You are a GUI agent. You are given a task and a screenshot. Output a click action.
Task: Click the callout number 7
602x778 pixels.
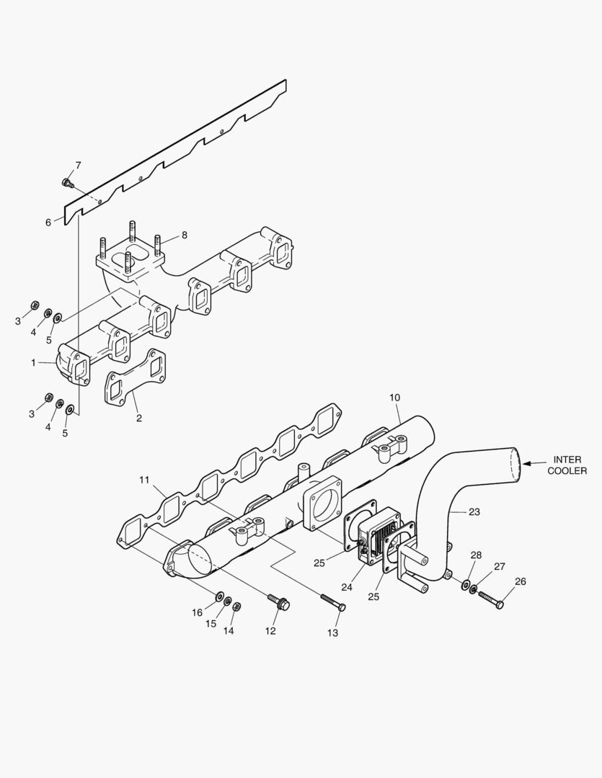point(78,165)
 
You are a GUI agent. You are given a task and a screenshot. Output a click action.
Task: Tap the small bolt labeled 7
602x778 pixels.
point(67,183)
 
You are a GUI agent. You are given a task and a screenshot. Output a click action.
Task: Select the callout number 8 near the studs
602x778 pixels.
point(184,235)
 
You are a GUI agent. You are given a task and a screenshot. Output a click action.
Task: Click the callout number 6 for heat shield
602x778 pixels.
point(48,223)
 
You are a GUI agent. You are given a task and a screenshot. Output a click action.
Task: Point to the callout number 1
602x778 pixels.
point(33,363)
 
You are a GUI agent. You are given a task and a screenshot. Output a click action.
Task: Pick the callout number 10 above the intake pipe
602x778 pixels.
point(394,398)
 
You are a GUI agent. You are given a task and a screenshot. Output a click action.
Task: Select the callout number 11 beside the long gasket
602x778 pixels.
point(144,479)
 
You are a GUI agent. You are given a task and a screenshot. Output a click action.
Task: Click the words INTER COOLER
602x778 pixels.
point(567,465)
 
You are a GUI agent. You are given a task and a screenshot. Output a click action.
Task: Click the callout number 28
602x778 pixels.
point(476,555)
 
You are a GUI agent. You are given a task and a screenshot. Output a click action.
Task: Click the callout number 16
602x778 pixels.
point(197,613)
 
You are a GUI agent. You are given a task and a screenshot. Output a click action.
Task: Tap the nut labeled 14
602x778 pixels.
point(236,606)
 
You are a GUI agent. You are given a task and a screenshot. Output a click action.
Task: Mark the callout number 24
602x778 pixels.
point(347,587)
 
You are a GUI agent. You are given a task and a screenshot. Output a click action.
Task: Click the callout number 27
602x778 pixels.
point(500,566)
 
